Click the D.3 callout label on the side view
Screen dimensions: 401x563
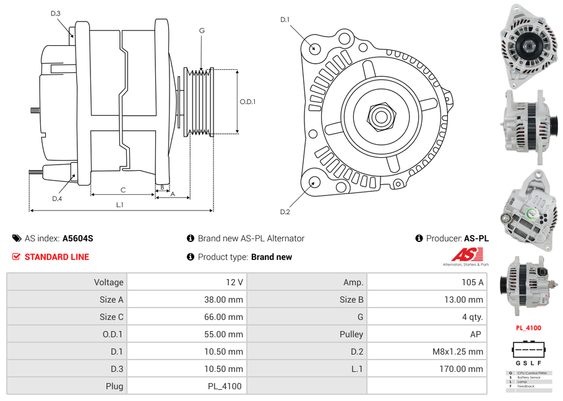[56, 14]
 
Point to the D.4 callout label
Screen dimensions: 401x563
[57, 199]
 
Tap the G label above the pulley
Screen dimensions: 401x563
[202, 30]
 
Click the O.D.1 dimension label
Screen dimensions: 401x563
[247, 102]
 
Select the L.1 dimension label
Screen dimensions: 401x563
[120, 205]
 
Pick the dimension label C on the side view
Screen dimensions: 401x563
[122, 190]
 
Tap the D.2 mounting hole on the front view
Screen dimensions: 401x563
[314, 182]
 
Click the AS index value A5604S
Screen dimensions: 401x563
[77, 238]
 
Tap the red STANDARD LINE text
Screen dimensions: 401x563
[57, 257]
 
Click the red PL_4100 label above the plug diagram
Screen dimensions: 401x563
[529, 328]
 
